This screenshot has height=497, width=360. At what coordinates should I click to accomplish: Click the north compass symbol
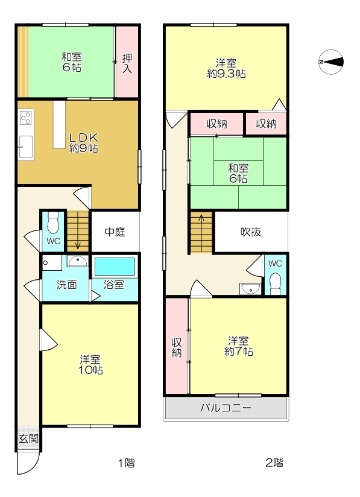(331, 62)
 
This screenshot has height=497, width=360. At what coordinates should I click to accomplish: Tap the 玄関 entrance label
(28, 439)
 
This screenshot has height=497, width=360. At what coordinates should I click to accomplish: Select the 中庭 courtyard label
(115, 232)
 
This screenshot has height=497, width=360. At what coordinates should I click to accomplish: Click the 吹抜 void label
(251, 232)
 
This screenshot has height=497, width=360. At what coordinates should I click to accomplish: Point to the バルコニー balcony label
(226, 408)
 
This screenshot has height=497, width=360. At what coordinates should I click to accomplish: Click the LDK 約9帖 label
(84, 143)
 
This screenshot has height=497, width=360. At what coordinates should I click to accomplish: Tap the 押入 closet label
(127, 63)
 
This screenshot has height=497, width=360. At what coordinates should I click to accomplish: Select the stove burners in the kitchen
(26, 117)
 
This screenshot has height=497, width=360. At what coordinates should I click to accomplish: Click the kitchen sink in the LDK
(25, 147)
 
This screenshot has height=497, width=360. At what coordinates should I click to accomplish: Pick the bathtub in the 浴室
(115, 267)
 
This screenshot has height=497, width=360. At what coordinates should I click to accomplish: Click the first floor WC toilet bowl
(53, 223)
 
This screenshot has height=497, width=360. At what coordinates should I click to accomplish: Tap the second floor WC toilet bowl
(276, 282)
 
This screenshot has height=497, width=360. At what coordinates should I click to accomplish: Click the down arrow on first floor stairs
(78, 244)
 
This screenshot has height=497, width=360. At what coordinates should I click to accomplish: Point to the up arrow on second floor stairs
(201, 220)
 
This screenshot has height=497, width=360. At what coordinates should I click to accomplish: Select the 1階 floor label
(126, 463)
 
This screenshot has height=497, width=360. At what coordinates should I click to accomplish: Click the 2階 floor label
(274, 463)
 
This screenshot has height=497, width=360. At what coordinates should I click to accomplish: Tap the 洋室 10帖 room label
(90, 365)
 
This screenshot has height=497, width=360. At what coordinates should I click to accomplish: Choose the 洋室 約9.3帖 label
(226, 68)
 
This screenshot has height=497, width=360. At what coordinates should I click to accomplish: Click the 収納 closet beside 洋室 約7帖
(177, 347)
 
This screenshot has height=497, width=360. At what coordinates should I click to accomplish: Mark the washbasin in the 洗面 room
(78, 261)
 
